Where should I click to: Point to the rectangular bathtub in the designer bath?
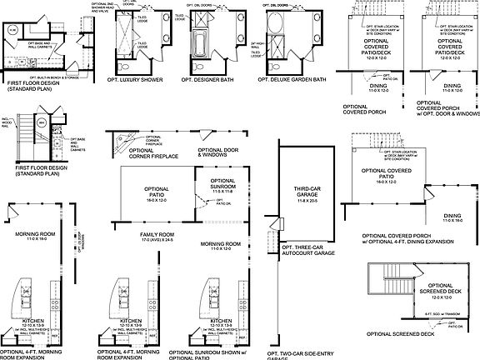(203, 41)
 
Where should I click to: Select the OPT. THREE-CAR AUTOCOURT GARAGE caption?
(307, 250)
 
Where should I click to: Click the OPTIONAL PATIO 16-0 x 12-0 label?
(156, 192)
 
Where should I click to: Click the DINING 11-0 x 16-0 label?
(452, 217)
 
